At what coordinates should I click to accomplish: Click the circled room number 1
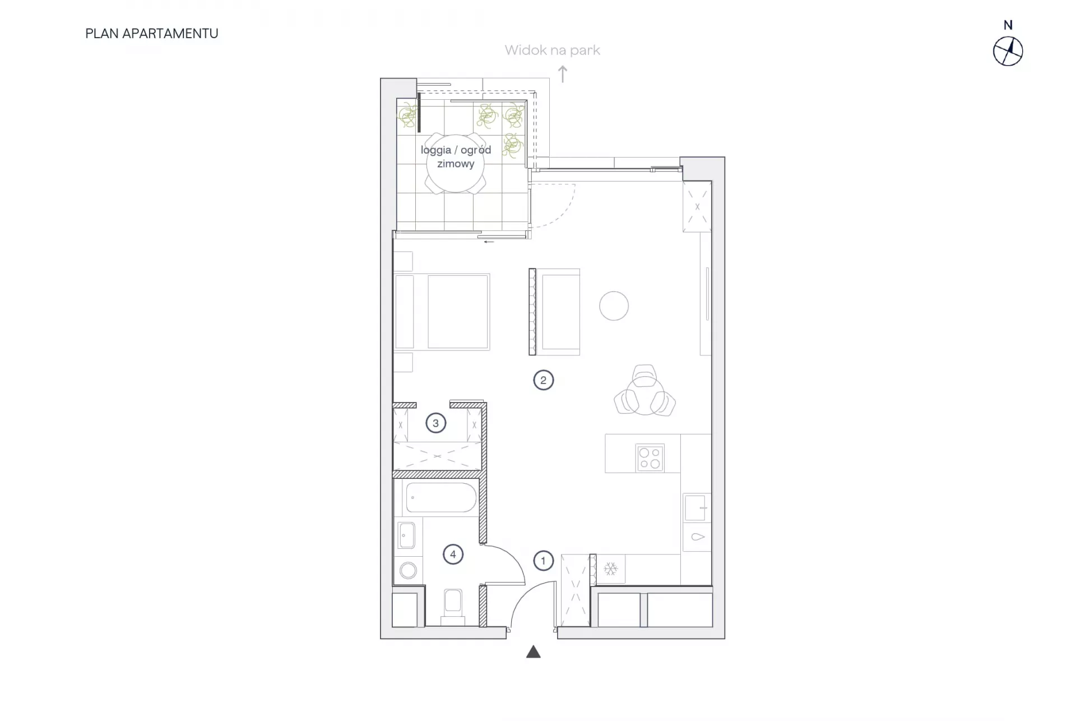pos(543,561)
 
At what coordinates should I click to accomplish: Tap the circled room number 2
pos(543,380)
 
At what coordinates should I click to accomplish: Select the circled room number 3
pos(435,423)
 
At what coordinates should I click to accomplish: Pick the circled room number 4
pos(453,554)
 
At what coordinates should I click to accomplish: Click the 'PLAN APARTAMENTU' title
pos(152,34)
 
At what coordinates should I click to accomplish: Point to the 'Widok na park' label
pos(552,50)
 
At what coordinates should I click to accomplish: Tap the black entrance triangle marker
pos(533,651)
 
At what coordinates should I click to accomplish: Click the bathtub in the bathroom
pos(441,497)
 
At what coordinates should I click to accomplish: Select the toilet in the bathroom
pos(452,607)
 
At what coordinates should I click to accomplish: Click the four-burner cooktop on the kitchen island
pos(650,458)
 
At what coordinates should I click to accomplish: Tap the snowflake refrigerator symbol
pos(610,569)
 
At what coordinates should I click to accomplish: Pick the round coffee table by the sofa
pos(614,306)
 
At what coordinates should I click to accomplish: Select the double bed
pos(442,312)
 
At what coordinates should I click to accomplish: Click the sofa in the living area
pos(555,312)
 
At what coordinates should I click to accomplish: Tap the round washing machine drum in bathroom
pos(408,571)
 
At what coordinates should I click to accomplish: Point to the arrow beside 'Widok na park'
pos(563,74)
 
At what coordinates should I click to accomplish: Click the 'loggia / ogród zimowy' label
pos(456,157)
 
